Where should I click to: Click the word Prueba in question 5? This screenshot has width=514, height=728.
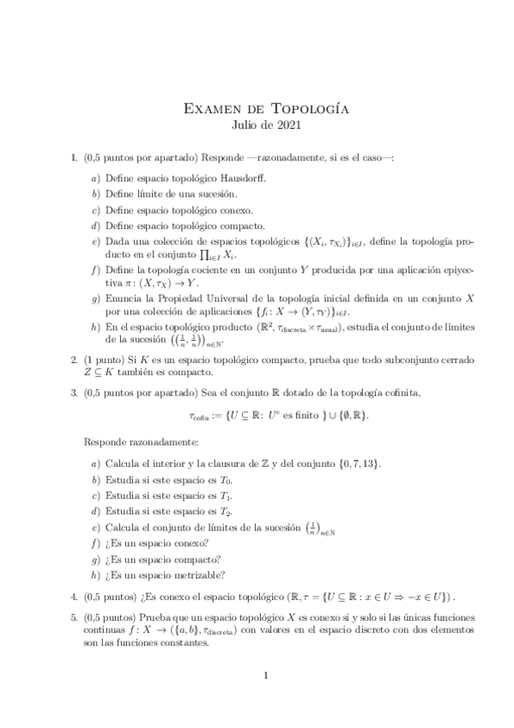pos(155,618)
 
